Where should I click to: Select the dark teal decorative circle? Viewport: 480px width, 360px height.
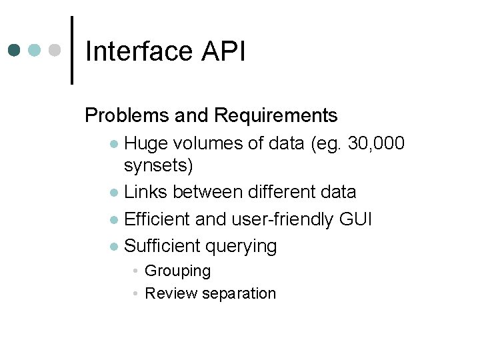tap(15, 51)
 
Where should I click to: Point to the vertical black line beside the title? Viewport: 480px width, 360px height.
tap(72, 51)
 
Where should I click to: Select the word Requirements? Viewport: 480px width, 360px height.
tap(276, 116)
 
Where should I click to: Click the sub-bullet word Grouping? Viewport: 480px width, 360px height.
tap(177, 271)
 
